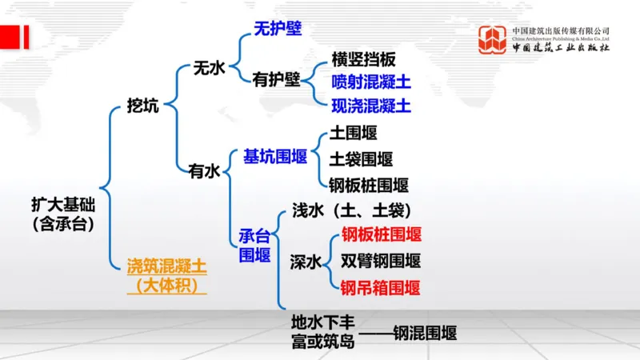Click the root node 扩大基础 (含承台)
63,214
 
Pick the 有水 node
204,170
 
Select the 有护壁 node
276,79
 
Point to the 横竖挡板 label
363,60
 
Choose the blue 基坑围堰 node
276,156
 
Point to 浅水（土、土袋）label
351,210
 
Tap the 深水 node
306,262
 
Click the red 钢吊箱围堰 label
380,287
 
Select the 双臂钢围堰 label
381,261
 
